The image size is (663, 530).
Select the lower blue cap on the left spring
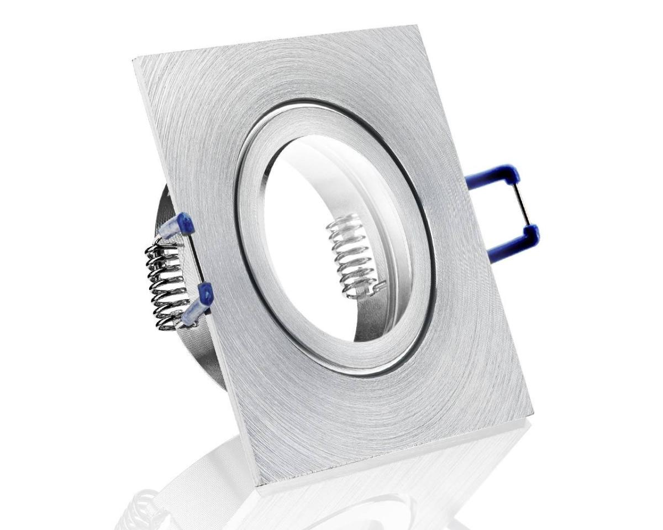point(199,301)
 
